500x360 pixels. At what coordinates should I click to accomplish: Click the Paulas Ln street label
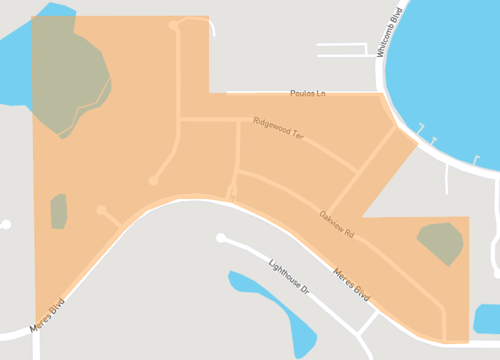pyautogui.click(x=307, y=93)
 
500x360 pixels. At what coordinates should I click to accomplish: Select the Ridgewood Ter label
pyautogui.click(x=278, y=127)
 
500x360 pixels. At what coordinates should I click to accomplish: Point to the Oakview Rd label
pyautogui.click(x=337, y=227)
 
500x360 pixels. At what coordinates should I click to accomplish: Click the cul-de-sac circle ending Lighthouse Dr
pyautogui.click(x=221, y=238)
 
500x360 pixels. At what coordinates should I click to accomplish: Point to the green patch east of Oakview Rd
pyautogui.click(x=440, y=243)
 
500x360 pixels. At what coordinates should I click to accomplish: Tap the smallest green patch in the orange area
pyautogui.click(x=58, y=211)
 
